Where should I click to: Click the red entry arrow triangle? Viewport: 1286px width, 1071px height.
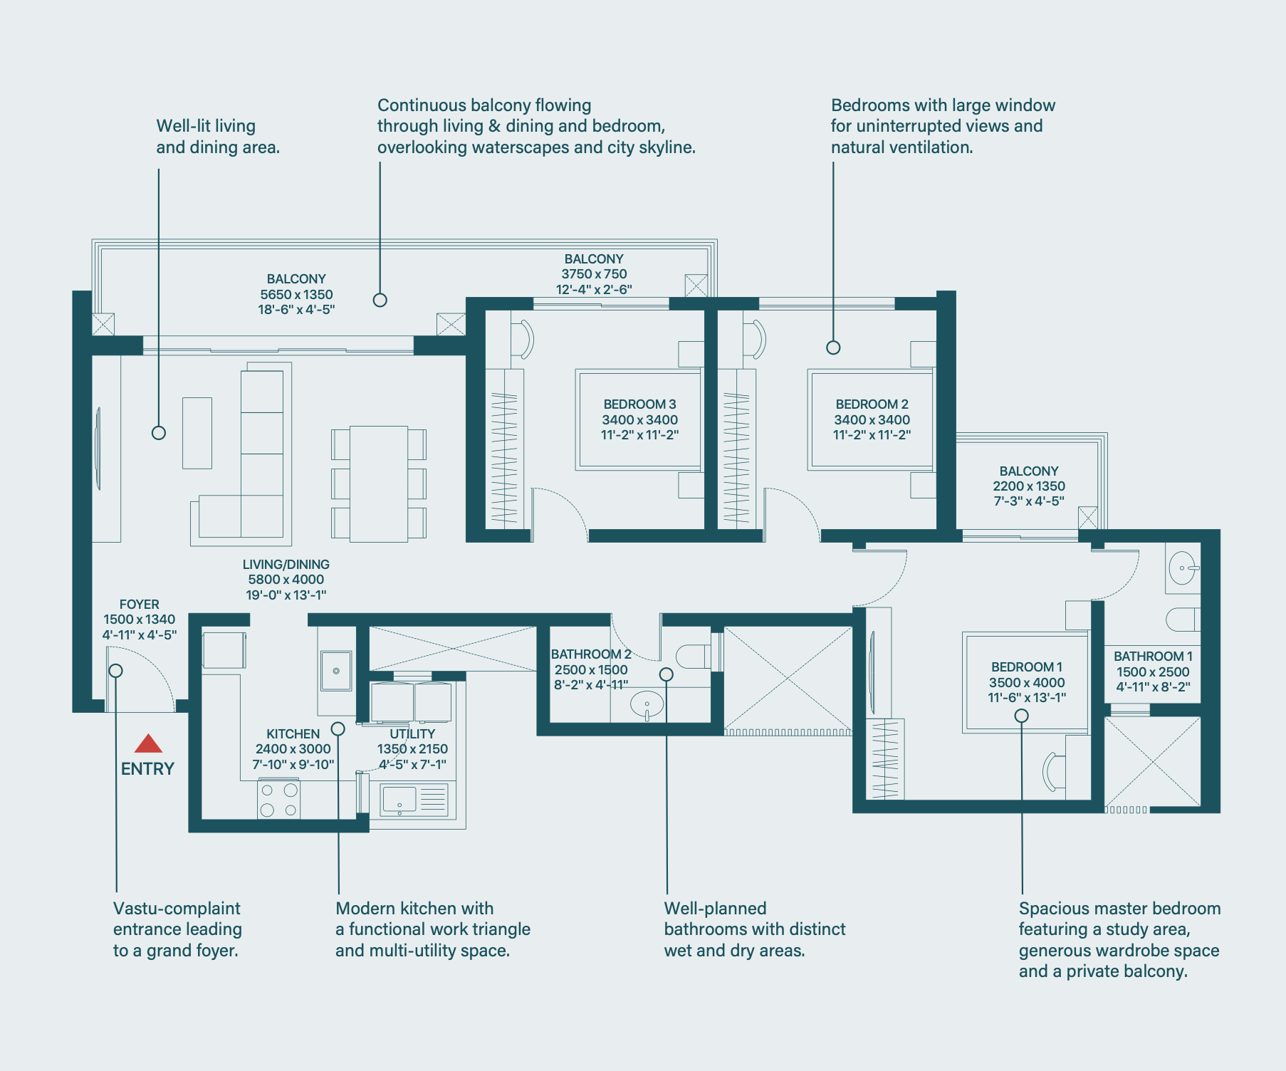coord(148,743)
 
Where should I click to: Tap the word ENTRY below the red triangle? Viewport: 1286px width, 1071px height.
coord(147,769)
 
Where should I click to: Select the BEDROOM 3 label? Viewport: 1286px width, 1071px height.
coord(639,404)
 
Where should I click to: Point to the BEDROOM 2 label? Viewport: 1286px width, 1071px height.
coord(872,404)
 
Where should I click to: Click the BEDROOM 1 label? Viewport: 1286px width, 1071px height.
coord(1027,667)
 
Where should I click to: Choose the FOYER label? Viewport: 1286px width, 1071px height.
coord(140,605)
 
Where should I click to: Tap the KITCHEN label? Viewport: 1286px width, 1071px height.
coord(293,734)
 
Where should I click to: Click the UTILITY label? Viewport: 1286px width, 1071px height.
coord(412,734)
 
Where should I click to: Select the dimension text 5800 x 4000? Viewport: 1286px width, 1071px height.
coord(286,580)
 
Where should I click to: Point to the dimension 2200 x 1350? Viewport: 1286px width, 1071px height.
coord(1029,486)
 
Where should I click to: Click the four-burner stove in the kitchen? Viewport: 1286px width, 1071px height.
coord(278,800)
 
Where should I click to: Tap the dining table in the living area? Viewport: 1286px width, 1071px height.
coord(379,484)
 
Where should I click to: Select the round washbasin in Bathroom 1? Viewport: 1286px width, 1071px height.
coord(1182,568)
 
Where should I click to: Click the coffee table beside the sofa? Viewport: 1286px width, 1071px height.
coord(197,433)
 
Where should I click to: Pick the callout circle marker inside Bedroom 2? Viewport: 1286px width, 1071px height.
coord(833,348)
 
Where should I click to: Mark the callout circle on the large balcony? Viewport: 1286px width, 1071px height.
coord(380,300)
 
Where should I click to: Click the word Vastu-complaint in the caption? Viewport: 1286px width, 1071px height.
coord(177,909)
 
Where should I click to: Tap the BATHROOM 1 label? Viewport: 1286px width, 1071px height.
coord(1153,657)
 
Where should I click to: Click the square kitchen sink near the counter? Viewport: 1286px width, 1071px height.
coord(336,671)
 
